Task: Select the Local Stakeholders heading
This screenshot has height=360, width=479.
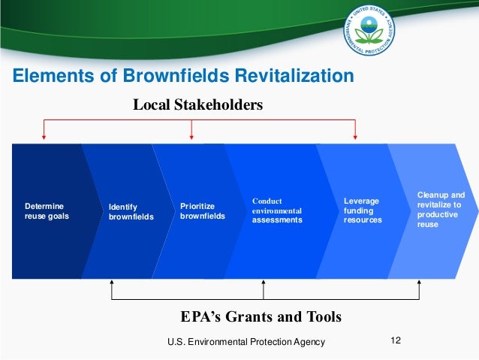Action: click(x=198, y=105)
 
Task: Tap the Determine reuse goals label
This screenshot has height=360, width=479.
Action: click(x=44, y=210)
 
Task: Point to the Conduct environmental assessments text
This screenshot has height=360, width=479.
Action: click(x=277, y=211)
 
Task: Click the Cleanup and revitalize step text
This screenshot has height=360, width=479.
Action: click(x=441, y=210)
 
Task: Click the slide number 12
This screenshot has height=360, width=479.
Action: click(x=396, y=342)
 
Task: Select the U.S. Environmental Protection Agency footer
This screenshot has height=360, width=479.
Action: click(x=246, y=343)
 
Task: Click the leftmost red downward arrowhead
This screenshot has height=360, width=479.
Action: click(x=44, y=136)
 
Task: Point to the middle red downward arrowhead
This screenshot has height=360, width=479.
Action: click(x=192, y=136)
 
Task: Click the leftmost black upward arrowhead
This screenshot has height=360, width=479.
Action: click(x=112, y=284)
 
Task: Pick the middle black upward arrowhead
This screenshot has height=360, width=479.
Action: click(x=263, y=284)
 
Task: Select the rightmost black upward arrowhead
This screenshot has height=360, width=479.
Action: click(x=419, y=284)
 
